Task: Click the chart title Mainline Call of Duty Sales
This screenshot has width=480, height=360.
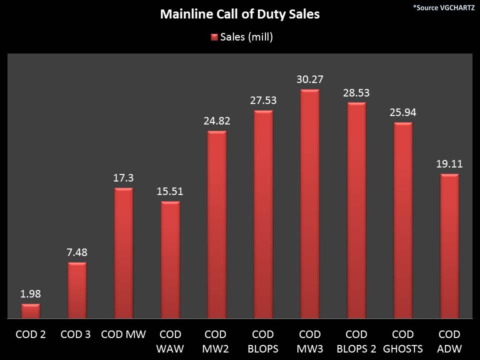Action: click(x=239, y=14)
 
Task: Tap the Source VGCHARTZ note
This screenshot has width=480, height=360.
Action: click(x=444, y=7)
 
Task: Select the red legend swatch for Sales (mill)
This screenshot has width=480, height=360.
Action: click(x=214, y=37)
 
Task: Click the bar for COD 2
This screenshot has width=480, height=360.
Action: click(x=30, y=311)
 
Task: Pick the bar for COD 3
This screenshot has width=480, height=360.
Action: click(x=77, y=290)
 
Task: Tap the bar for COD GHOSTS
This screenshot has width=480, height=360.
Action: click(x=402, y=220)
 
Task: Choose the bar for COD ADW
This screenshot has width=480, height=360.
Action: click(x=449, y=246)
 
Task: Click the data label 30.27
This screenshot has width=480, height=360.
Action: click(x=309, y=79)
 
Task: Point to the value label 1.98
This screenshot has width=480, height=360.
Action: click(x=30, y=294)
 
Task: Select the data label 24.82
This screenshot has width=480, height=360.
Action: click(x=216, y=121)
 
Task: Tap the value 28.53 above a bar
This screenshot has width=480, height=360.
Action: click(x=356, y=93)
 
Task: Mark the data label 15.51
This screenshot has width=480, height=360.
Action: click(x=170, y=191)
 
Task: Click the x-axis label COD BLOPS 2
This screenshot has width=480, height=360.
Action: click(x=356, y=341)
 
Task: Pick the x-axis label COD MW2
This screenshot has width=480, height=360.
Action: click(x=216, y=341)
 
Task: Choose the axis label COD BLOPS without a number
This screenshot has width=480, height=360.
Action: click(x=263, y=341)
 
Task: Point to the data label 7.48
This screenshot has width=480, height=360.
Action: click(x=77, y=252)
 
